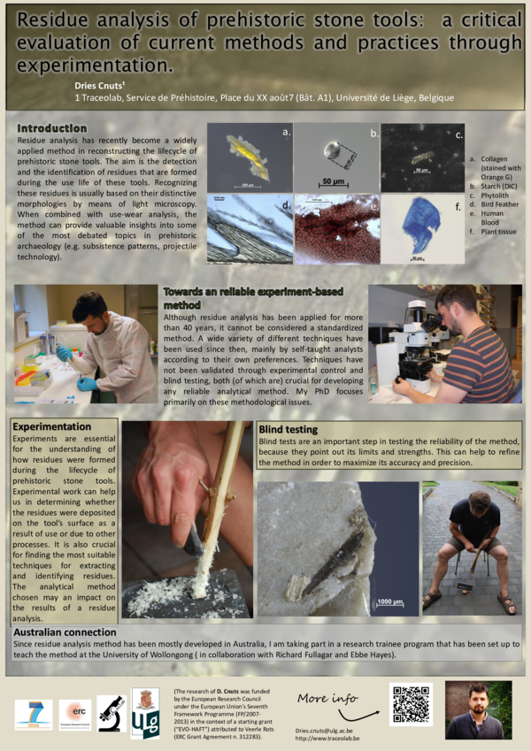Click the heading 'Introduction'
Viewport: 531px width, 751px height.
point(52,128)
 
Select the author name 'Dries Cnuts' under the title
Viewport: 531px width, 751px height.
point(104,84)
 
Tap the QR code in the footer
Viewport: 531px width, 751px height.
point(412,703)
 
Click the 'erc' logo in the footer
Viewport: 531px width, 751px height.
point(75,712)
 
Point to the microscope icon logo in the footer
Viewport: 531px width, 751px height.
point(111,712)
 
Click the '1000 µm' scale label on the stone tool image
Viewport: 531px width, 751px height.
point(390,602)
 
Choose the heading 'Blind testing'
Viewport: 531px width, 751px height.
point(289,429)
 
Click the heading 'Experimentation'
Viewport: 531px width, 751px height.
point(52,426)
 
